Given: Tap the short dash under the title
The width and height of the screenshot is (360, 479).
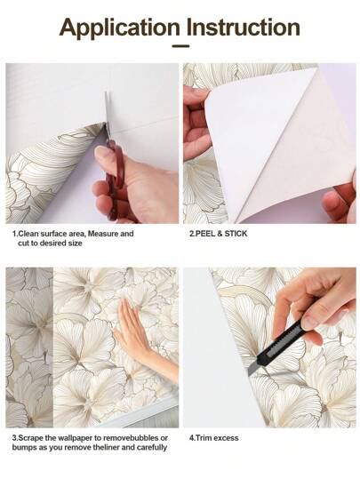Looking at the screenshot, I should coord(180,47).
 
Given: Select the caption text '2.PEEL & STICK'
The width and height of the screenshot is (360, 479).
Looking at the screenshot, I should coord(219,235).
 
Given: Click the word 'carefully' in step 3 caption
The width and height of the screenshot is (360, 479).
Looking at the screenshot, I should coord(150,449).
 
